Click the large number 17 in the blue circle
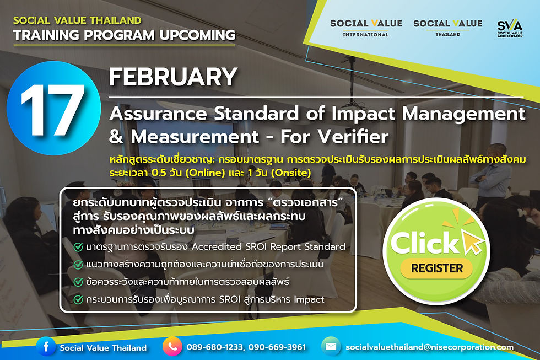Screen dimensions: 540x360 coord(53,110)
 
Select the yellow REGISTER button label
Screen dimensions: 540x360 coord(436,268)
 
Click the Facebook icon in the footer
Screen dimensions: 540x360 coord(46,346)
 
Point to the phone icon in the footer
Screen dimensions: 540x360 coord(172,346)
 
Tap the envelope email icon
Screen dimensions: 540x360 coord(331,346)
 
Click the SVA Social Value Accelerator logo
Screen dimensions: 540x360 coord(510,28)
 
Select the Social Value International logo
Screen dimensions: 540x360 coord(366,28)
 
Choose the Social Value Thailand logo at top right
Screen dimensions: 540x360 coord(447,28)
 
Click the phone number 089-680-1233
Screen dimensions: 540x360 coord(214,347)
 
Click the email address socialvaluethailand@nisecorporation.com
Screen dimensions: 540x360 coord(429,347)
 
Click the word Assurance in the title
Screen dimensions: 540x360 coord(159,114)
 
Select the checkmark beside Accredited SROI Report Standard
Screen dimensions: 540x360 coord(78,247)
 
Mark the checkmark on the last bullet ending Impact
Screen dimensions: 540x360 coord(78,300)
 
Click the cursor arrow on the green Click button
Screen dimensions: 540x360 coord(473,242)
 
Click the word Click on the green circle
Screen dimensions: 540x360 coord(425,243)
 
